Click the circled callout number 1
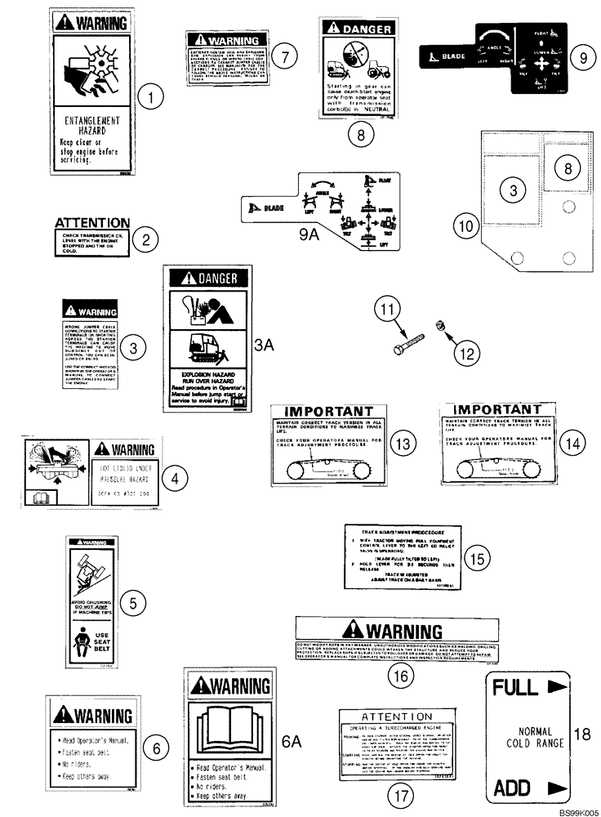click(151, 100)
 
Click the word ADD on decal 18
click(512, 788)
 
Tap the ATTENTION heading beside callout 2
click(92, 222)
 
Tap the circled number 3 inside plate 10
click(513, 190)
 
